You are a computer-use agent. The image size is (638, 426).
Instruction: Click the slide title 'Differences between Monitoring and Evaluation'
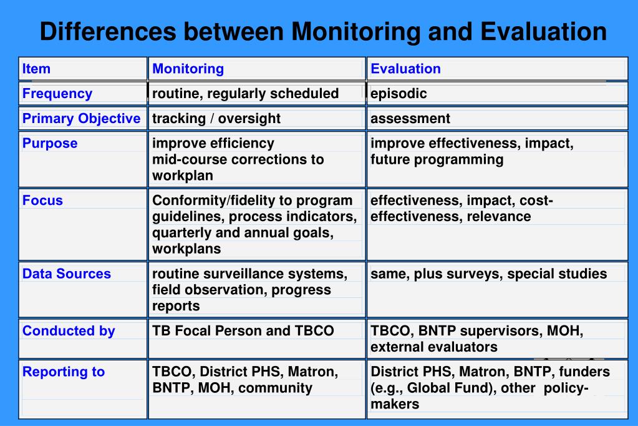click(323, 31)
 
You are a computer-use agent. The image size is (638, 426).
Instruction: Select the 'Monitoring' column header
click(188, 69)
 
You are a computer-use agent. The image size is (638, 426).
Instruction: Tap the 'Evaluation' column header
click(405, 69)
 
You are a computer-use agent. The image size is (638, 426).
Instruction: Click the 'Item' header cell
click(36, 69)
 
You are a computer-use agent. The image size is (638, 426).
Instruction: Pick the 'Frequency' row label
click(57, 94)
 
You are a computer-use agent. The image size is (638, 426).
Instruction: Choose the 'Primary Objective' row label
click(81, 119)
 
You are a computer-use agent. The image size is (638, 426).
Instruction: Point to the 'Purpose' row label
click(50, 144)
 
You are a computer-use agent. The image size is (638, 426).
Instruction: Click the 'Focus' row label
click(42, 201)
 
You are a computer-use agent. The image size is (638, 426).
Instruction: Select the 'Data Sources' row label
click(66, 274)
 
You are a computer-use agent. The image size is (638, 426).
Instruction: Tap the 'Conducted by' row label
click(69, 331)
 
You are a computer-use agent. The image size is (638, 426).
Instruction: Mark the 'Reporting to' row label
click(64, 372)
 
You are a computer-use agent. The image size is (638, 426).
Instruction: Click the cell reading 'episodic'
click(399, 94)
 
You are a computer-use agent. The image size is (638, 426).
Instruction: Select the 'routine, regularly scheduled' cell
click(245, 94)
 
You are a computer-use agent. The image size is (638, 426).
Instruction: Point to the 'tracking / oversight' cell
click(216, 119)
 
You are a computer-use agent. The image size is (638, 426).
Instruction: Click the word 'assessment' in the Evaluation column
click(410, 119)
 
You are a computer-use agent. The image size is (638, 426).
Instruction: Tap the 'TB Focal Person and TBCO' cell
click(243, 331)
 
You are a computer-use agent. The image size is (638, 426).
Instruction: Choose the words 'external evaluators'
click(433, 347)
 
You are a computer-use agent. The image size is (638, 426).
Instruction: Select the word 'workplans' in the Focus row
click(186, 249)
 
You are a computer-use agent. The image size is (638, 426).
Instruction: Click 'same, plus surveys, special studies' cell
click(488, 274)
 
